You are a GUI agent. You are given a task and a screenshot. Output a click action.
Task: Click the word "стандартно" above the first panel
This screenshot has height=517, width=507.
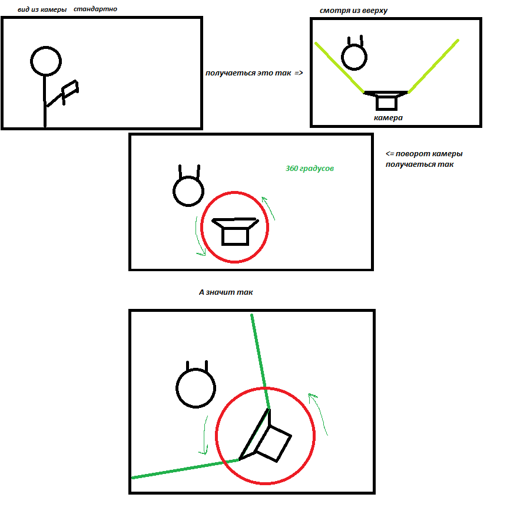coord(95,9)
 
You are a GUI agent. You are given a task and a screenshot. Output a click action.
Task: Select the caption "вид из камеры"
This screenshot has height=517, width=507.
coord(42,9)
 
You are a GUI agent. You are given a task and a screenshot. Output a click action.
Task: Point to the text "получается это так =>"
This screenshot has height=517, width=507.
coord(254,73)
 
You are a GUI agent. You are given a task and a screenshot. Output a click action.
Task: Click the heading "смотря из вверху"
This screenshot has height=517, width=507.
coord(353,11)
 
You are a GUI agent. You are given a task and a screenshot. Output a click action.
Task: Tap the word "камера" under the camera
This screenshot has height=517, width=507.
coord(388,118)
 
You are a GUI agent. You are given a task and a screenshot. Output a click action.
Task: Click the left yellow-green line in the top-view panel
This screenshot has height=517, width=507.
coord(339,67)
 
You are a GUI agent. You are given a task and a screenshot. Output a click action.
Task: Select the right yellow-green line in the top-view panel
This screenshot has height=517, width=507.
coord(433,66)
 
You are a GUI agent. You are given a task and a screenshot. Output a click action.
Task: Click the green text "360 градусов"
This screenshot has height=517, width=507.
coord(309,169)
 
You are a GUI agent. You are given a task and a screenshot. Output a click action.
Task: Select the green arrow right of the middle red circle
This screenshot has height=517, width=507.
coord(268,208)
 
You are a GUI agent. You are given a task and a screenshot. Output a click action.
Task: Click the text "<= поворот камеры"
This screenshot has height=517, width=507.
coord(424,154)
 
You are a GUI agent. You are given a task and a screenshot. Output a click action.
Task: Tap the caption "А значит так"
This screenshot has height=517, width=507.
coord(226,292)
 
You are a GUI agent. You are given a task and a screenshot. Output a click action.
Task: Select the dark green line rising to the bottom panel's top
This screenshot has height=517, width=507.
coord(260,362)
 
